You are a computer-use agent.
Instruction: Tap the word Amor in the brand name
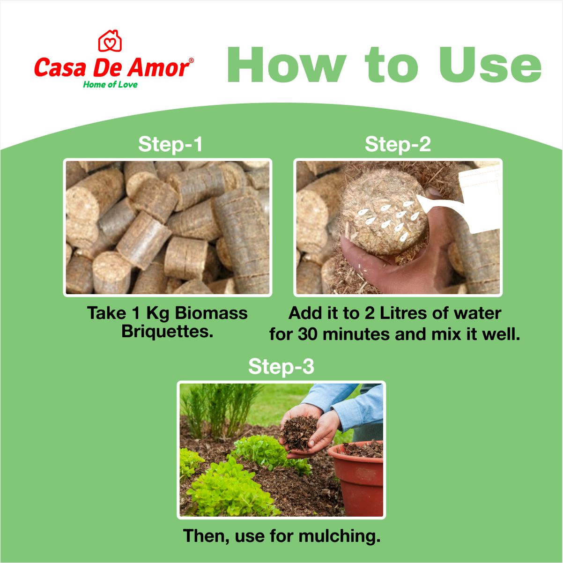point(158,67)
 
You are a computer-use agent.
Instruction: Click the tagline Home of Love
point(110,85)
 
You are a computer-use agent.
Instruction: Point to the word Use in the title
point(490,65)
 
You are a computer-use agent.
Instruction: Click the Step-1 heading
point(170,144)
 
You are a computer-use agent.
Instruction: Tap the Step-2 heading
point(398,144)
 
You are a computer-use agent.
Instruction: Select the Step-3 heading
point(281,366)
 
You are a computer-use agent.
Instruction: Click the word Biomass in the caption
point(211,313)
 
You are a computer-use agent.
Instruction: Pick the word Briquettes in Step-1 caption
point(167,332)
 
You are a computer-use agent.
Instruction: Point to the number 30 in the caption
point(307,334)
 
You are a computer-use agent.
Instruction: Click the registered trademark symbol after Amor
point(192,60)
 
